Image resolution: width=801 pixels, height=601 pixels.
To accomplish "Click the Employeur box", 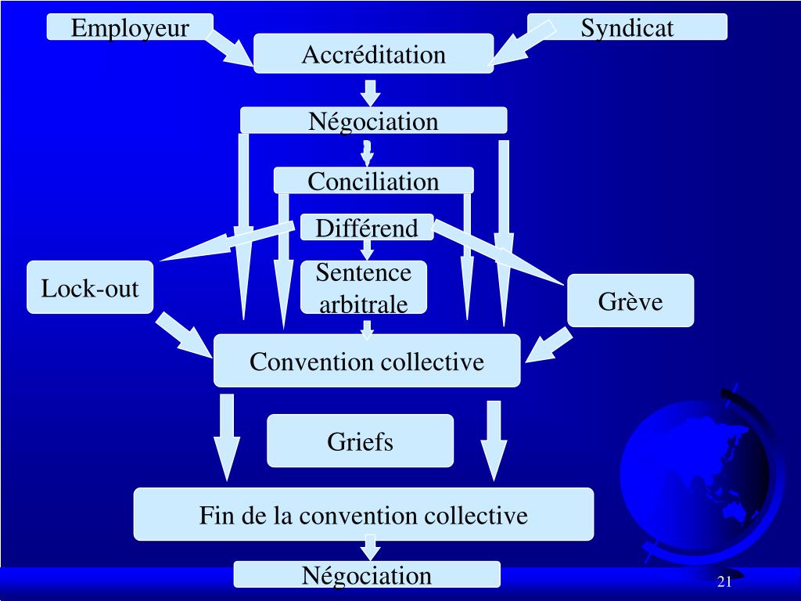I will coord(130,27).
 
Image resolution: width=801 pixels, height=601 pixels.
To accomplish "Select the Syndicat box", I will coord(627,27).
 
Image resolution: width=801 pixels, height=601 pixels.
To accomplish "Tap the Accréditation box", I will coord(373,54).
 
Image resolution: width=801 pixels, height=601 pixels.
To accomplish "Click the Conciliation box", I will coord(373,181).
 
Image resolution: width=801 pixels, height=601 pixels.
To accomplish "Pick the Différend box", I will coord(366,228).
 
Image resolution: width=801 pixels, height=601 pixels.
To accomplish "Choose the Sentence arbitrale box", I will coord(364,287).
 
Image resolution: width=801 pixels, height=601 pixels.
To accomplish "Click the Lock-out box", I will coord(90,288).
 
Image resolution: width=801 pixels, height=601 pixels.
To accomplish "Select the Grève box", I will coord(630,300).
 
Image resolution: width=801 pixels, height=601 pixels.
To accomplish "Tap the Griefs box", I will coord(360,441).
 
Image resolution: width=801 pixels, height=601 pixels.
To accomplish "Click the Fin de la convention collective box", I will coord(363,515).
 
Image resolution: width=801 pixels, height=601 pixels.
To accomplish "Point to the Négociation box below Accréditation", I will coord(373,121).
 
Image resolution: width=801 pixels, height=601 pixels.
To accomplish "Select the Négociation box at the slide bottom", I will coord(366,575).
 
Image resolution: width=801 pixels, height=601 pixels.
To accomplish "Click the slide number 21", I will coord(724,581).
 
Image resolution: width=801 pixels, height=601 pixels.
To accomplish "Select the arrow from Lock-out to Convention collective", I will coord(184,334).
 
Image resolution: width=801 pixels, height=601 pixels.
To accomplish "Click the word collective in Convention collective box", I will coord(433,362).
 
